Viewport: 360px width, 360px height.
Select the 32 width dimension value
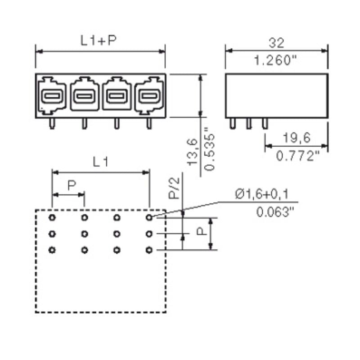276,43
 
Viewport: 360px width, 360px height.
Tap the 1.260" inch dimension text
277,60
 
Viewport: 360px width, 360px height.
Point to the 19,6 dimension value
295,138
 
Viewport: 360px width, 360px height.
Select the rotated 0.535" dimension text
209,152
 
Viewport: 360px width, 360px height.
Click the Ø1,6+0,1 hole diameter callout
261,194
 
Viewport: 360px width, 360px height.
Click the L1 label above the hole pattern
101,162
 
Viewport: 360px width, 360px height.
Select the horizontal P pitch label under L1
71,185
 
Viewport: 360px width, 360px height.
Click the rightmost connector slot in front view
148,96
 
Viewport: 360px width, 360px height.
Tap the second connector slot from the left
84,96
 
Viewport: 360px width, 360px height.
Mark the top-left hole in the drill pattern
52,218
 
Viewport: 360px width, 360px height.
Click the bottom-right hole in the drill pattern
149,250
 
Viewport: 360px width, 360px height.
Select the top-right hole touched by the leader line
149,218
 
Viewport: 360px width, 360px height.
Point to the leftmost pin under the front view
52,124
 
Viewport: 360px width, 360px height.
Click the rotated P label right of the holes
202,231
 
